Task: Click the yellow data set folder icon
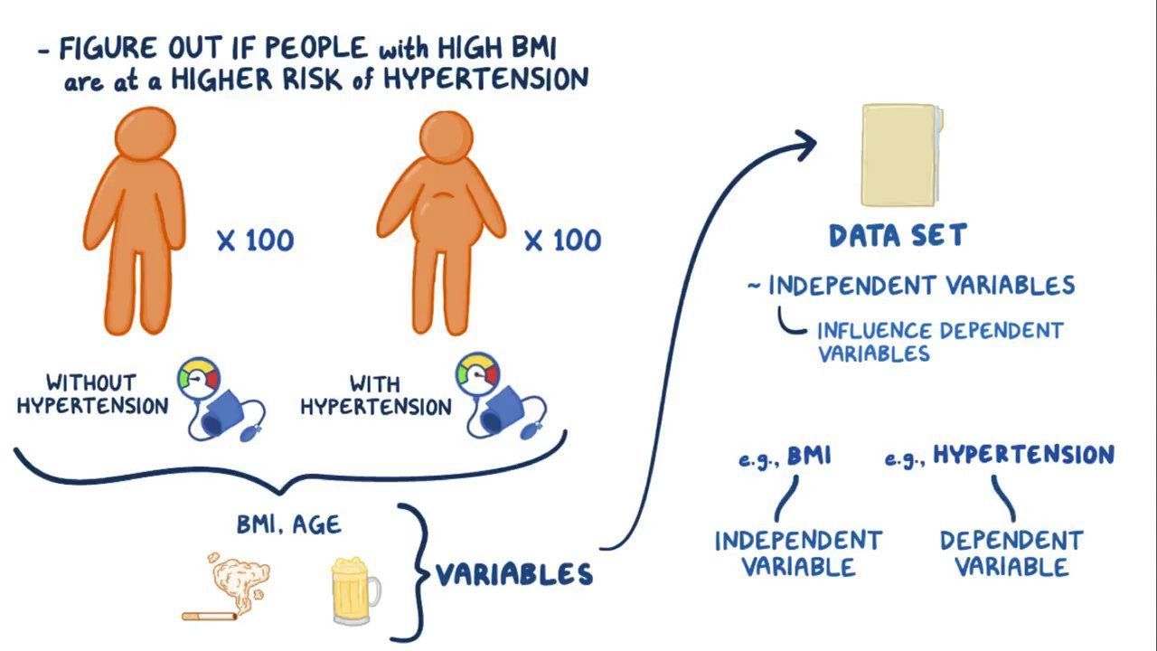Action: (x=900, y=155)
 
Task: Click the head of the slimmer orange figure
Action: (x=145, y=134)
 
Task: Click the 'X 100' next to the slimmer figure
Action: (x=255, y=241)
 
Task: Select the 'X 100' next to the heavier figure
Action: (x=562, y=241)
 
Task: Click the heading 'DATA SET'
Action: (x=898, y=236)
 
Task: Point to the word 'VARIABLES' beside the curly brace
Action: (x=514, y=574)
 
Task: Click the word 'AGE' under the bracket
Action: (x=317, y=524)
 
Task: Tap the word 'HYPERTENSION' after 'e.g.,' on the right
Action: (x=1023, y=455)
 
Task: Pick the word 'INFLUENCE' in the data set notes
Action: (x=874, y=331)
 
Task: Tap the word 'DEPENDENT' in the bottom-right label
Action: (x=1011, y=541)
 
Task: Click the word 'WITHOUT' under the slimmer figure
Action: (x=90, y=382)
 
